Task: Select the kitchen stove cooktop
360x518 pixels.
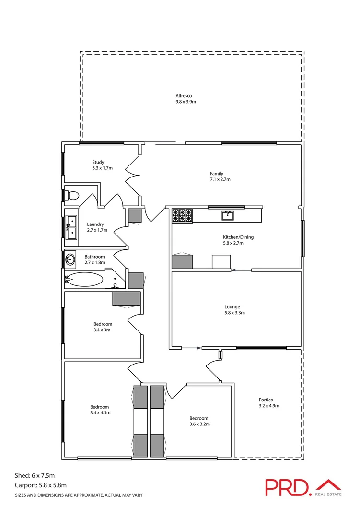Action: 182,215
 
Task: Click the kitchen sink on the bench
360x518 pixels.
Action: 228,215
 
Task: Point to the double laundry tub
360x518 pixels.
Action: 71,227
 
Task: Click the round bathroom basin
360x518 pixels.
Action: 70,260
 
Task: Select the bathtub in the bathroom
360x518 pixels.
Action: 84,280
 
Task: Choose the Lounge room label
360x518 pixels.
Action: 232,307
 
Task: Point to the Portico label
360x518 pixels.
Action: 266,400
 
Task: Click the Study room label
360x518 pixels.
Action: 98,162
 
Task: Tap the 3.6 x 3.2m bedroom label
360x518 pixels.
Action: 198,421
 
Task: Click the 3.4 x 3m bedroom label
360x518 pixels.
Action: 103,327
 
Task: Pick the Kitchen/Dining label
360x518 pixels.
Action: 238,237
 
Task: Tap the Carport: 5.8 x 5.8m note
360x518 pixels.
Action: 41,485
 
